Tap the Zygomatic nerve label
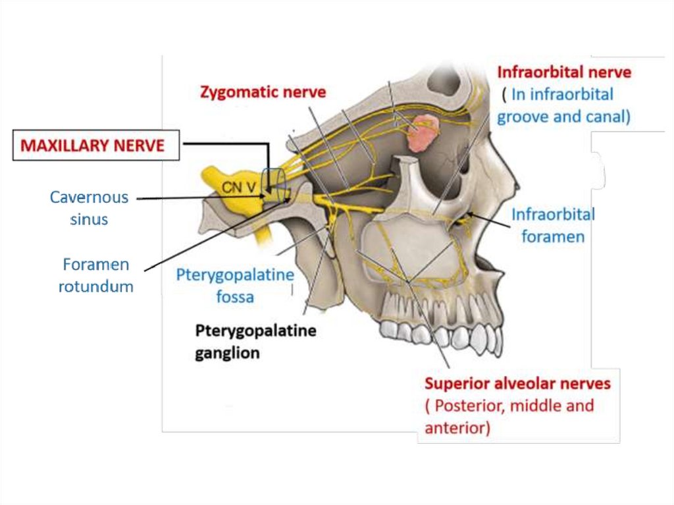[x=263, y=92]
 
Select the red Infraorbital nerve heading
[x=564, y=72]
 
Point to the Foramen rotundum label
[x=96, y=275]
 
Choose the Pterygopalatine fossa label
[x=234, y=285]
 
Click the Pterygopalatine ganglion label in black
[x=255, y=341]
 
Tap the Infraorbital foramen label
[x=553, y=225]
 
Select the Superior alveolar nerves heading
[x=517, y=383]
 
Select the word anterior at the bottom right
[x=455, y=428]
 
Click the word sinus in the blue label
[x=90, y=219]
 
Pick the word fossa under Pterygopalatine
[x=234, y=297]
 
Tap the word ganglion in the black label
[x=227, y=353]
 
